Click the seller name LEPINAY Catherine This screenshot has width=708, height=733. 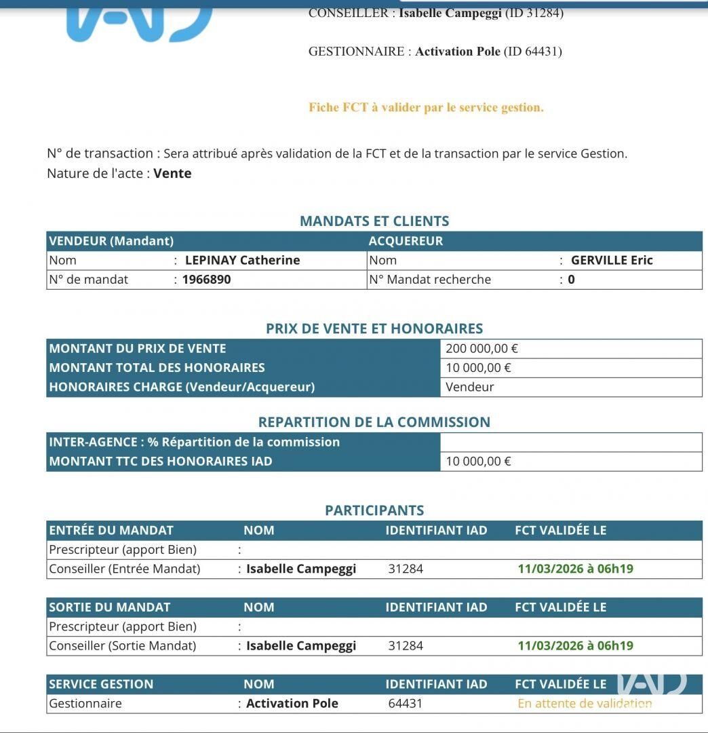pyautogui.click(x=242, y=260)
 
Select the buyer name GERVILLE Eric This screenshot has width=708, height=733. pyautogui.click(x=612, y=260)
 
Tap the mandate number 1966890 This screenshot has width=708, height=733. pyautogui.click(x=206, y=279)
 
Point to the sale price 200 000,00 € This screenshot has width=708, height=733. pyautogui.click(x=481, y=349)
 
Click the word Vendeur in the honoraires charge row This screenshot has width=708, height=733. pyautogui.click(x=469, y=387)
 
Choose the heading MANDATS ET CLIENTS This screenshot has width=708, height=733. pyautogui.click(x=374, y=221)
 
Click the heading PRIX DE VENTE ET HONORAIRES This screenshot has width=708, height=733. pyautogui.click(x=374, y=328)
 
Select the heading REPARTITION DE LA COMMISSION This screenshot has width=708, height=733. pyautogui.click(x=374, y=421)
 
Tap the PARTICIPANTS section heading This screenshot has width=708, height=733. pyautogui.click(x=374, y=510)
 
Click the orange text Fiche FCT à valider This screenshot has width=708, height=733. pyautogui.click(x=426, y=107)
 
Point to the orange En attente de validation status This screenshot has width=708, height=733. pyautogui.click(x=585, y=703)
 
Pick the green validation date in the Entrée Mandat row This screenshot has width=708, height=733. pyautogui.click(x=575, y=569)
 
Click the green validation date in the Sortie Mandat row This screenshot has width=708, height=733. pyautogui.click(x=575, y=645)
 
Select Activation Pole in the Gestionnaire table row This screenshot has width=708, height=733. pyautogui.click(x=292, y=703)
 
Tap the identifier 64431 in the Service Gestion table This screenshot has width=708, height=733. pyautogui.click(x=405, y=703)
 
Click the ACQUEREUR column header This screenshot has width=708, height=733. pyautogui.click(x=406, y=241)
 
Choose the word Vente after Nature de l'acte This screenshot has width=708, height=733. pyautogui.click(x=172, y=173)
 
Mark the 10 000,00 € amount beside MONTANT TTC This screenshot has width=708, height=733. pyautogui.click(x=478, y=462)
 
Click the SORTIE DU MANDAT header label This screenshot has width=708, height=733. pyautogui.click(x=109, y=607)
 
